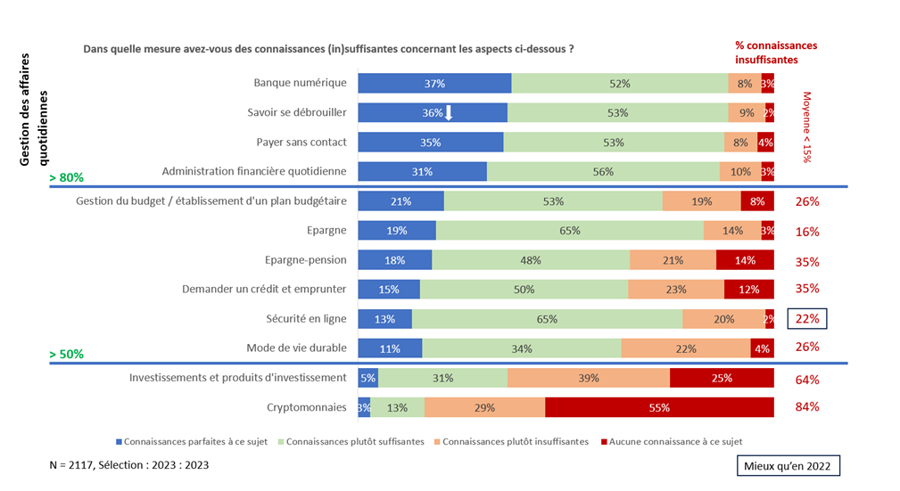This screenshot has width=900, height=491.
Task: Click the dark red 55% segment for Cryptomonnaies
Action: (659, 407)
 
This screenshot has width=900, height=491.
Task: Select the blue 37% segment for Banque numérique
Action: (434, 84)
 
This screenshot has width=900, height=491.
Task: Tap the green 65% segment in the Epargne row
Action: (569, 231)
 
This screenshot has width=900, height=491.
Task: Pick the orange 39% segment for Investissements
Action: (589, 379)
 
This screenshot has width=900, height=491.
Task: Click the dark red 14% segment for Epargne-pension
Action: (745, 260)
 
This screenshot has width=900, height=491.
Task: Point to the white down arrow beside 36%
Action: (450, 112)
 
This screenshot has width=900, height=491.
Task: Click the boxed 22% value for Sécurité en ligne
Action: (807, 319)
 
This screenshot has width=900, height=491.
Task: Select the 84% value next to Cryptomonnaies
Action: (807, 407)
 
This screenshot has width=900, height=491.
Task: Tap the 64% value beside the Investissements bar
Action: (807, 380)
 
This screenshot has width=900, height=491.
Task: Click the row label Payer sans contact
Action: (301, 143)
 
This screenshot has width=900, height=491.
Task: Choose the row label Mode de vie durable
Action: (296, 348)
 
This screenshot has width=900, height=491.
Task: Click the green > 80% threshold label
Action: (67, 178)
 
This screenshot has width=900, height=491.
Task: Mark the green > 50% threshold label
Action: (67, 354)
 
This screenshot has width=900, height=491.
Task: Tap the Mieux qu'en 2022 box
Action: (789, 466)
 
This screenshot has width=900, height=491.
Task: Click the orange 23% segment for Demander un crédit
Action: (676, 290)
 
